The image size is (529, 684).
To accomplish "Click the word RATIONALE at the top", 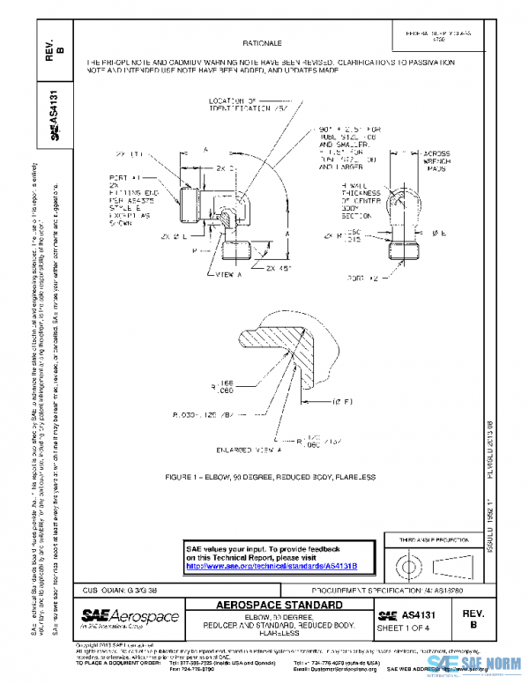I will tap(263, 42).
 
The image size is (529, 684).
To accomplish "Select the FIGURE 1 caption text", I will tap(270, 477).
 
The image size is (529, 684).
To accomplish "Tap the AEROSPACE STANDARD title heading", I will tap(279, 606).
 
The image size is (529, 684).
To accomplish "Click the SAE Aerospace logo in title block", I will tap(130, 616).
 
